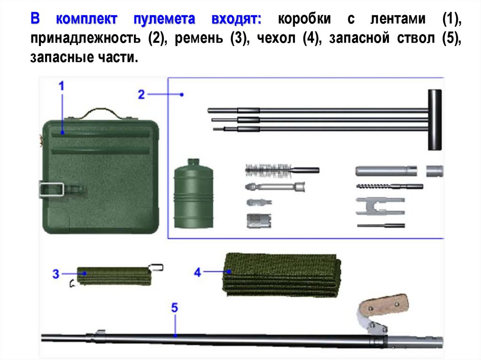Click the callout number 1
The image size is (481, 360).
click(x=62, y=86)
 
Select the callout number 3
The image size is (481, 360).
click(x=56, y=274)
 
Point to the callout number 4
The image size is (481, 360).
click(x=197, y=272)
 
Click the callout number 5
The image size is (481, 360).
click(x=175, y=308)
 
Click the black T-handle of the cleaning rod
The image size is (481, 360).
click(x=434, y=120)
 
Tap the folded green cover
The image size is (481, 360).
click(x=282, y=275)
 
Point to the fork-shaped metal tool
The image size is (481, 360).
click(x=380, y=206)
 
